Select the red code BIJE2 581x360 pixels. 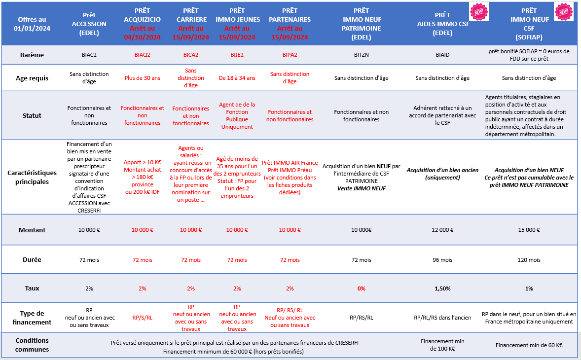pyautogui.click(x=237, y=55)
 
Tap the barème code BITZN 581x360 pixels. pyautogui.click(x=361, y=55)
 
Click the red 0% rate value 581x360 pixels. pyautogui.click(x=361, y=288)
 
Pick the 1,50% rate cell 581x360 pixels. pyautogui.click(x=442, y=288)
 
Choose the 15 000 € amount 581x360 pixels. pyautogui.click(x=529, y=230)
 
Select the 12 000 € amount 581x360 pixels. pyautogui.click(x=442, y=230)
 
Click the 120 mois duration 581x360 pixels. pyautogui.click(x=529, y=260)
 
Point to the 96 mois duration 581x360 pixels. pyautogui.click(x=442, y=260)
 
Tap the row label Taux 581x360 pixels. pyautogui.click(x=32, y=288)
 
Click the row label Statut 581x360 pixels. pyautogui.click(x=32, y=115)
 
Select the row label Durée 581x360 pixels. pyautogui.click(x=32, y=259)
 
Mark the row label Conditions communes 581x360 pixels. pyautogui.click(x=32, y=345)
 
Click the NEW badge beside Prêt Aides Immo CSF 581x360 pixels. pyautogui.click(x=478, y=11)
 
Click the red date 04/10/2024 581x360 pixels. pyautogui.click(x=142, y=37)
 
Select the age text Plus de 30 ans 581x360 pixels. pyautogui.click(x=142, y=78)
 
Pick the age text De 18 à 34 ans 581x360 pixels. pyautogui.click(x=237, y=78)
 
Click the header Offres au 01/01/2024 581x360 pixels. pyautogui.click(x=32, y=24)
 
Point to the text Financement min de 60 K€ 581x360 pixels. pyautogui.click(x=529, y=345)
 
